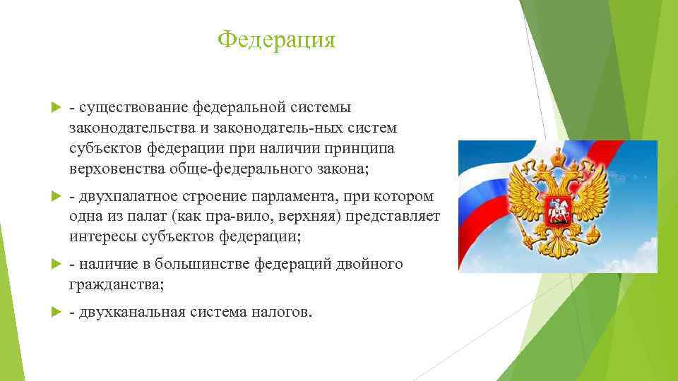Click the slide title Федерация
276,40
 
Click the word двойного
369,264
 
